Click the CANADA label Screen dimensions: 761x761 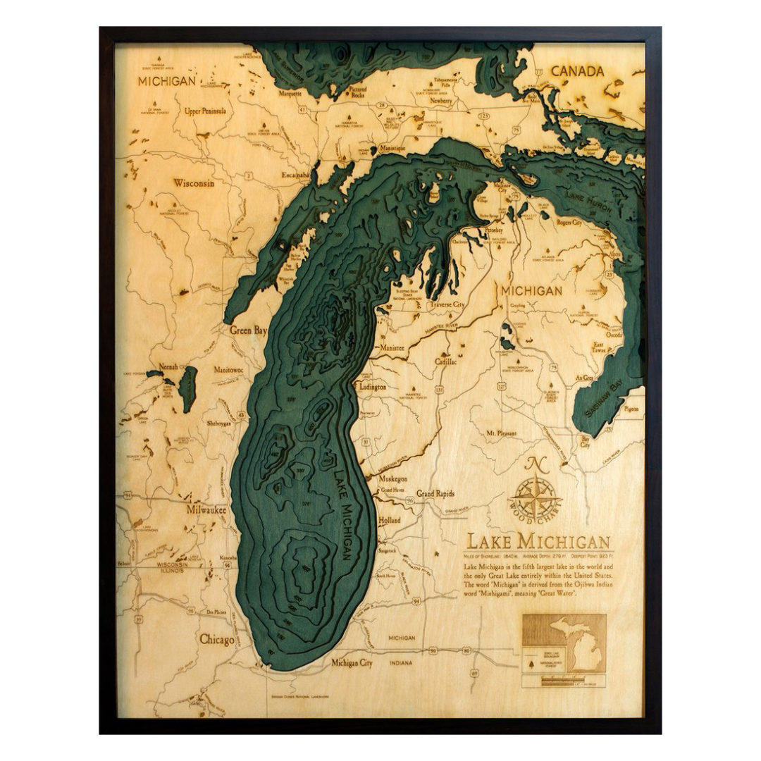point(577,71)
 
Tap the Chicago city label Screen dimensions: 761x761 point(216,640)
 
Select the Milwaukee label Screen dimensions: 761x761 point(206,509)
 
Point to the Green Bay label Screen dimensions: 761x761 point(248,330)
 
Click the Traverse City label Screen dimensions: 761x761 point(448,304)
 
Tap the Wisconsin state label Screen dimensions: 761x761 point(194,183)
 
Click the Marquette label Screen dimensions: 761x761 point(290,93)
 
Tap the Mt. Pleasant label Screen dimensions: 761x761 point(502,433)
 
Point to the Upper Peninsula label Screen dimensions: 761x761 point(205,111)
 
